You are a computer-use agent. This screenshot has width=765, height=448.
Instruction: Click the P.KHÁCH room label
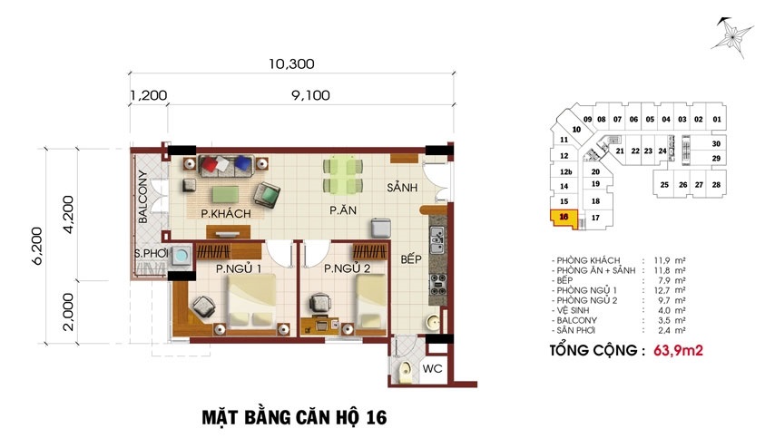[226, 213]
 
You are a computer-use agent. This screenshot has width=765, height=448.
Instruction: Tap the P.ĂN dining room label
[343, 210]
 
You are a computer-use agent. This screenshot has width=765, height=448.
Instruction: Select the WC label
[432, 368]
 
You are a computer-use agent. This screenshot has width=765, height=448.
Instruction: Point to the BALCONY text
[142, 197]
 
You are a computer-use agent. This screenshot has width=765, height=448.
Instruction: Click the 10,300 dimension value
[291, 63]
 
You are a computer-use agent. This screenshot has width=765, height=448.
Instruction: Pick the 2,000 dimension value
[68, 312]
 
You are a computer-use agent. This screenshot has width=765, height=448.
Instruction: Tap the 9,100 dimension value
[310, 95]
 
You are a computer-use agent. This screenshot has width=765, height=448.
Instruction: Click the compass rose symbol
[731, 37]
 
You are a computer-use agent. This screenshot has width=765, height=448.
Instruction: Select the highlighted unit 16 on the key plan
[564, 218]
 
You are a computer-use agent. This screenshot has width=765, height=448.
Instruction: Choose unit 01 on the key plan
[717, 119]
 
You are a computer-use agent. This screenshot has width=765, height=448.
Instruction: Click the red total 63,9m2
[678, 350]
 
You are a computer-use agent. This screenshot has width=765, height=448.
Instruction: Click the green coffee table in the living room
[225, 194]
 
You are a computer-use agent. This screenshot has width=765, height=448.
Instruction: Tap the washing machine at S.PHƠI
[181, 255]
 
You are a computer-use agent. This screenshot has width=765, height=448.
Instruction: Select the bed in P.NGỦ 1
[251, 301]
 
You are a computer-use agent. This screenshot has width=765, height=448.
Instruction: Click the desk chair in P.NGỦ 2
[320, 302]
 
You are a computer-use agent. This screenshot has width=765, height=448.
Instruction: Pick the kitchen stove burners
[437, 284]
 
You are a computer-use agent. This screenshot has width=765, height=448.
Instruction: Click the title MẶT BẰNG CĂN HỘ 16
[294, 417]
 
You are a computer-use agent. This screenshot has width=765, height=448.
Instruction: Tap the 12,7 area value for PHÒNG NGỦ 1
[663, 290]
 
